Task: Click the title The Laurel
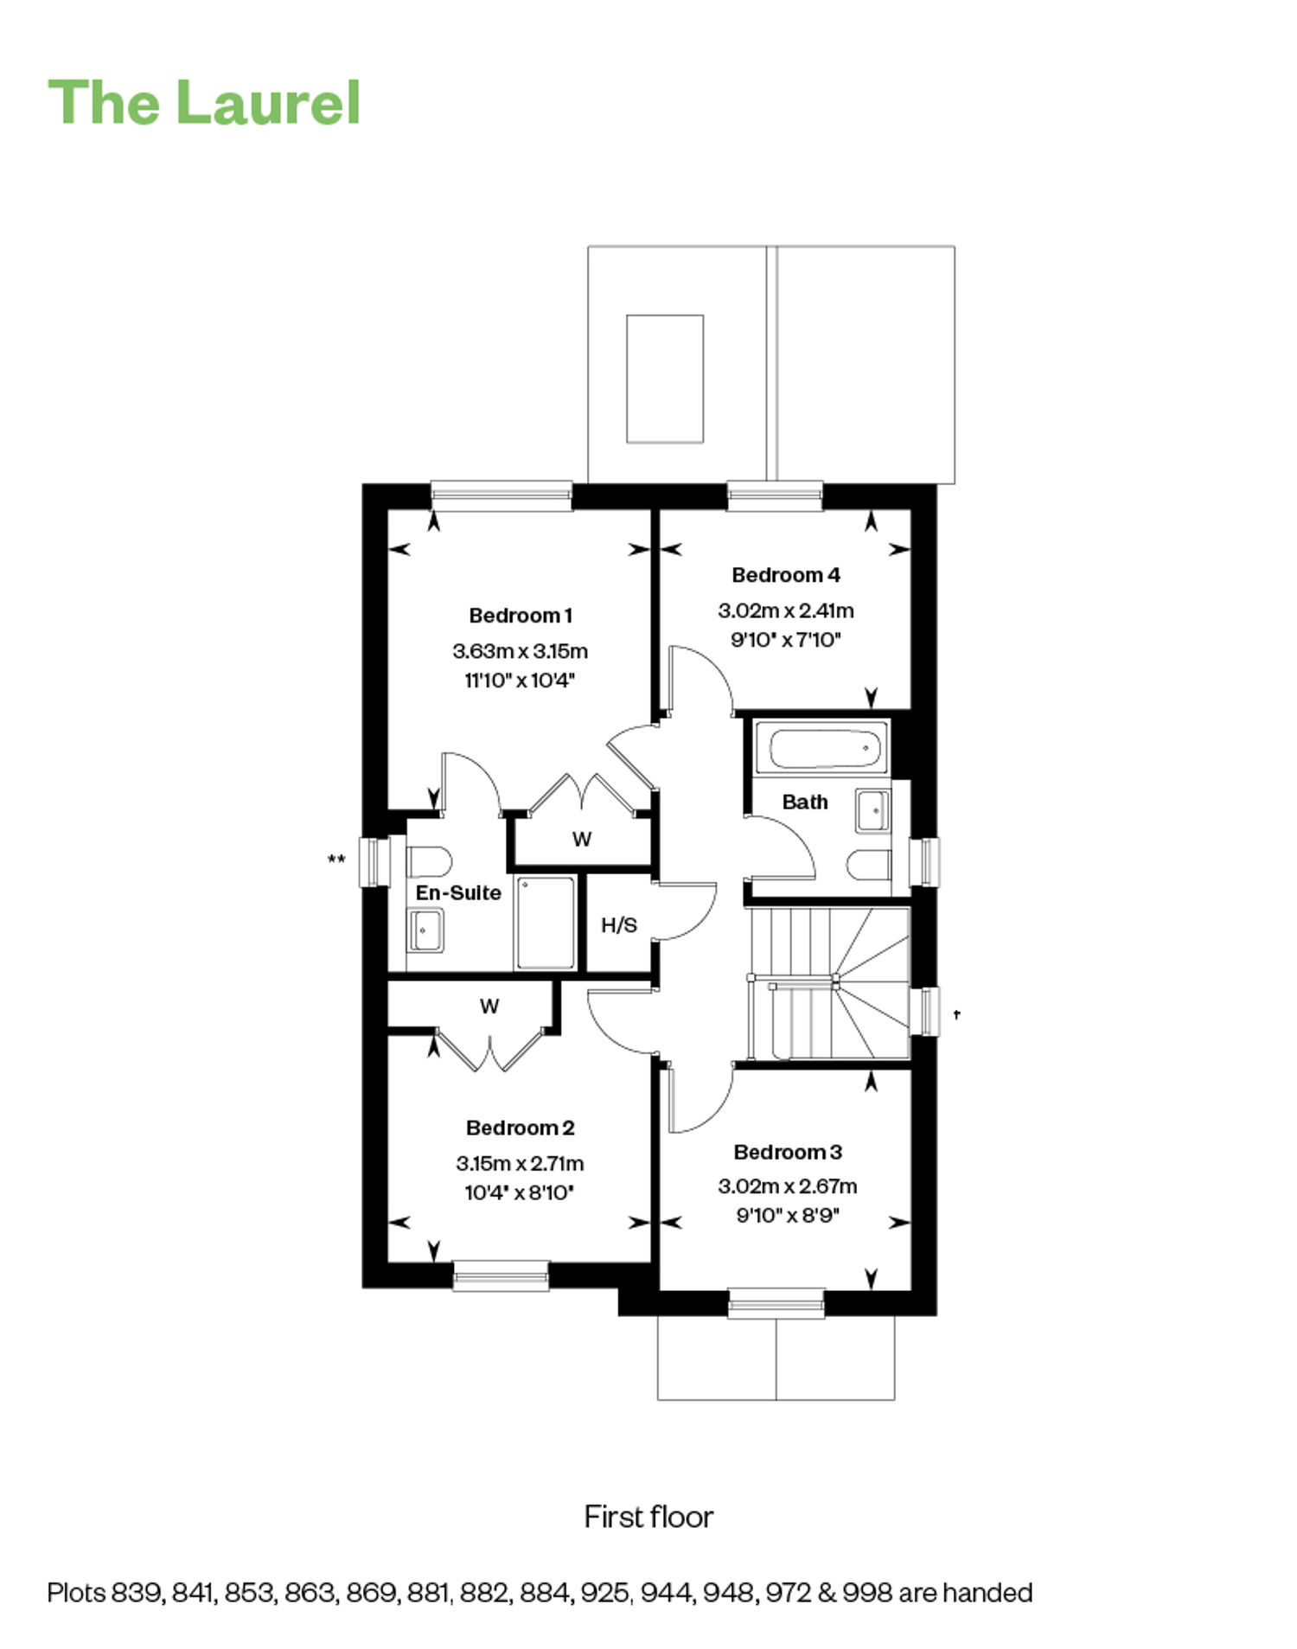pyautogui.click(x=204, y=103)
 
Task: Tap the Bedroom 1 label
pyautogui.click(x=521, y=616)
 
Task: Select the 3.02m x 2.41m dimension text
pyautogui.click(x=786, y=610)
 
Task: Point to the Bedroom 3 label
pyautogui.click(x=788, y=1152)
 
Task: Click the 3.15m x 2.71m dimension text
pyautogui.click(x=521, y=1163)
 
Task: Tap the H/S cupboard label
pyautogui.click(x=619, y=925)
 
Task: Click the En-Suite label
pyautogui.click(x=458, y=892)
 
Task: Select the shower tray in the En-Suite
pyautogui.click(x=546, y=923)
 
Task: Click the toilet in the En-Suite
pyautogui.click(x=429, y=862)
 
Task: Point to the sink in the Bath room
pyautogui.click(x=872, y=811)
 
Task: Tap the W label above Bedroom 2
pyautogui.click(x=489, y=1007)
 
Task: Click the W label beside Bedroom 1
pyautogui.click(x=582, y=839)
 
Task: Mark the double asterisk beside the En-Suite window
pyautogui.click(x=336, y=859)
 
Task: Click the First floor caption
pyautogui.click(x=648, y=1517)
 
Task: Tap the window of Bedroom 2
pyautogui.click(x=502, y=1275)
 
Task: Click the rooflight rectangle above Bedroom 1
pyautogui.click(x=665, y=379)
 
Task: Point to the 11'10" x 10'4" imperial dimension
pyautogui.click(x=521, y=681)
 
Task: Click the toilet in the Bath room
pyautogui.click(x=869, y=865)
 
